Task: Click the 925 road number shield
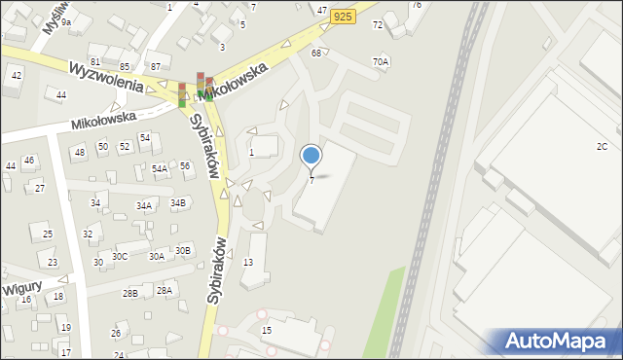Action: [341, 16]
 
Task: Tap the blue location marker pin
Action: [311, 156]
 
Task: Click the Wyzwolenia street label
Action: [106, 78]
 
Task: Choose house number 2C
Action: [602, 146]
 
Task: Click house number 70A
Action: [380, 62]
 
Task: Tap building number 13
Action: [248, 263]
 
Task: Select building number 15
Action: [267, 331]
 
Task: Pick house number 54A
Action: [160, 168]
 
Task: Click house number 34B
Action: [177, 203]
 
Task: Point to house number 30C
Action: [119, 257]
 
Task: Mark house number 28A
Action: [164, 291]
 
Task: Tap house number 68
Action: [316, 53]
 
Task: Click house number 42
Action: [16, 75]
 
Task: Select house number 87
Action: [156, 66]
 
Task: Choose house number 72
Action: [378, 24]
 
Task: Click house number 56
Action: [184, 166]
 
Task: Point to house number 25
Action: [47, 235]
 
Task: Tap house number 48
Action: [79, 153]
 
